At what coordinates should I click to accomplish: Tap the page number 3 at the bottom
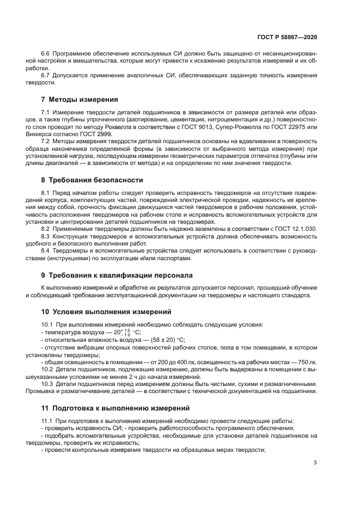click(x=315, y=463)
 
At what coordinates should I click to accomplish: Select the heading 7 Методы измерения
click(x=79, y=100)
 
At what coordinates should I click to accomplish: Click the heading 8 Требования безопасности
click(x=92, y=180)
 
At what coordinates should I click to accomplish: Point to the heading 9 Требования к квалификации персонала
click(x=117, y=275)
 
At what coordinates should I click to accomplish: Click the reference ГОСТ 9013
click(x=228, y=126)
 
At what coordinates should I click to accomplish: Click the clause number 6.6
click(x=46, y=54)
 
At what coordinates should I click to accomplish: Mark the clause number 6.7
click(x=46, y=75)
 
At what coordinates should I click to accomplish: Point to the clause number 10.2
click(x=47, y=370)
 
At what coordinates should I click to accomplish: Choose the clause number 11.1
click(x=47, y=421)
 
